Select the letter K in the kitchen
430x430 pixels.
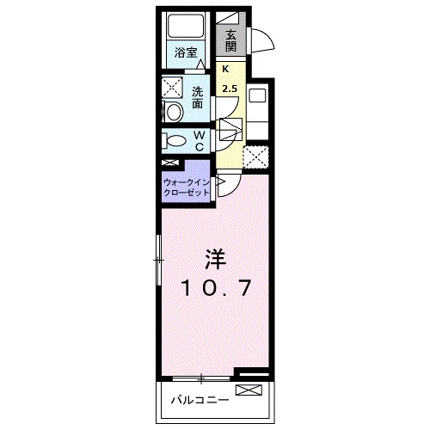pos(226,71)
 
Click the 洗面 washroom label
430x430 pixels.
pos(198,97)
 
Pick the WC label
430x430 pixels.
pos(198,140)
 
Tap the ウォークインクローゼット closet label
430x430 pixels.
pos(187,187)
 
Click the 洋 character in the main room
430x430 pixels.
pos(215,258)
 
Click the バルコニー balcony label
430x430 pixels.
pos(198,400)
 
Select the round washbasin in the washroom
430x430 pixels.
pos(172,110)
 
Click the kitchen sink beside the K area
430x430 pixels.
pos(256,95)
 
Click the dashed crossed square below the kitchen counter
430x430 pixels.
pos(255,157)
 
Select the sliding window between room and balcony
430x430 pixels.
pos(201,376)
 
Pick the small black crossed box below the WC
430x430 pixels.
pos(170,163)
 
